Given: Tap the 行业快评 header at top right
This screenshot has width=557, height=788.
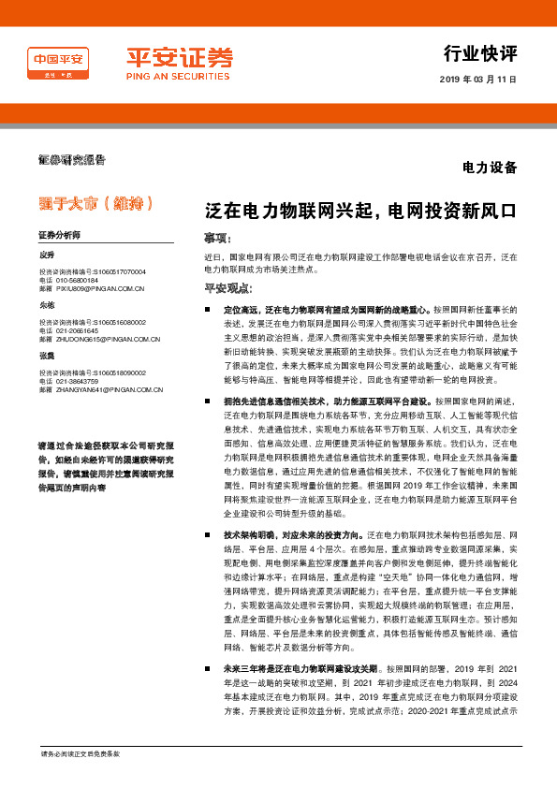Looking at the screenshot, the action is (480, 52).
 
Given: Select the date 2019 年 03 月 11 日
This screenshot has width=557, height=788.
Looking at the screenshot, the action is (477, 80).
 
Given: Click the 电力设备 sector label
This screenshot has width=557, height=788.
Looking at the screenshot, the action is (490, 168).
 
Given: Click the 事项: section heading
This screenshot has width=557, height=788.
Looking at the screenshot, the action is (218, 239).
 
